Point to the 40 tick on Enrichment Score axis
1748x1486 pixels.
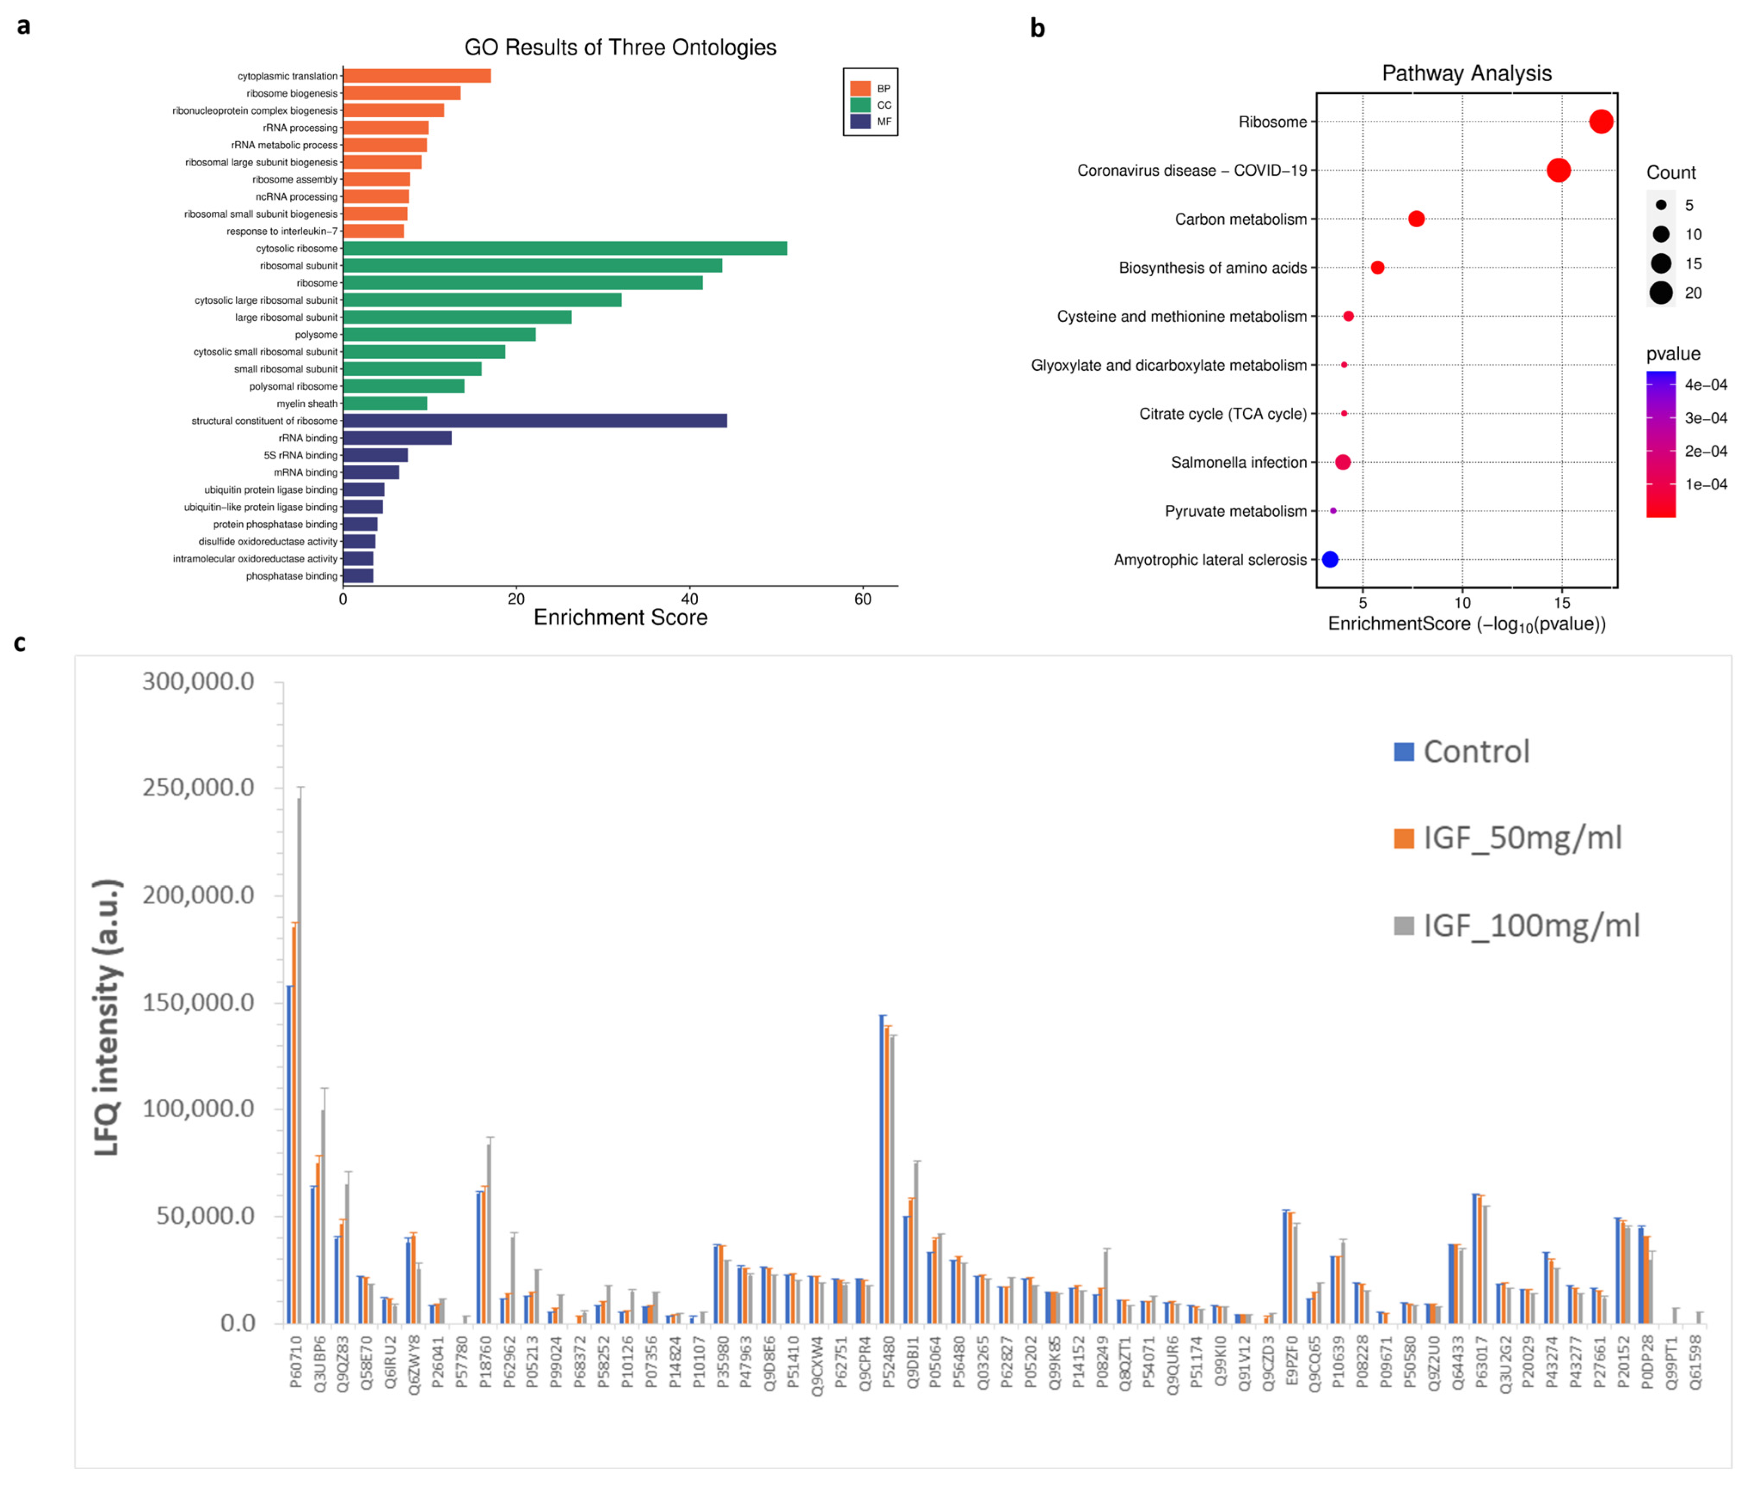click(690, 599)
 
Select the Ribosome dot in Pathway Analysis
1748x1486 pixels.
click(1601, 121)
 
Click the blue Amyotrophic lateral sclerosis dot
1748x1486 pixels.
click(1330, 559)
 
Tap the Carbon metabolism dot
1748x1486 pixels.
click(1416, 219)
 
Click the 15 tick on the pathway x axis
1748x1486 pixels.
click(1562, 603)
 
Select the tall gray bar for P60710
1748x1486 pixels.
click(299, 1053)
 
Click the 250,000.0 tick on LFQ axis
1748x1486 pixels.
click(198, 787)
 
